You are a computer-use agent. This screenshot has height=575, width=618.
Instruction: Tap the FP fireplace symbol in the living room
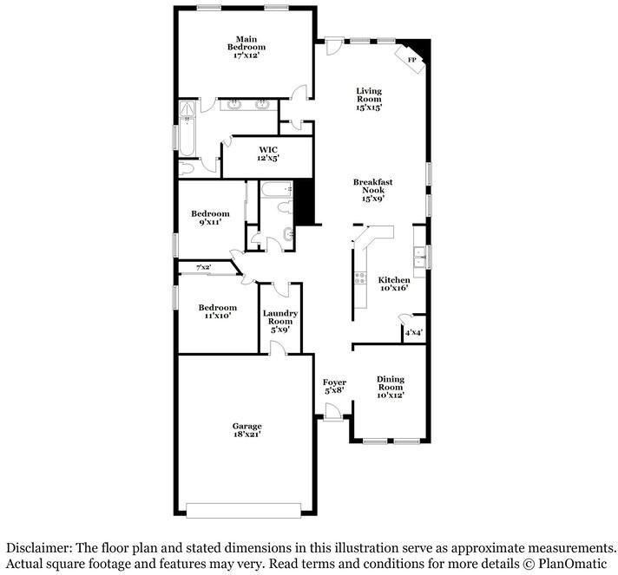(412, 58)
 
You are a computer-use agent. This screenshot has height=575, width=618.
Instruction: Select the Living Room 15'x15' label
(370, 99)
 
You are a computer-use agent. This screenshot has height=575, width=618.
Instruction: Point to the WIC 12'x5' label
(267, 154)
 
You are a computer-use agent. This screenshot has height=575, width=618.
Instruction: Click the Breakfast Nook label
(373, 189)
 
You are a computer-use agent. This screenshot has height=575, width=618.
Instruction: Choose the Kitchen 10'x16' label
(393, 284)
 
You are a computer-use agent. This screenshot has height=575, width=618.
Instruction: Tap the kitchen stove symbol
(359, 279)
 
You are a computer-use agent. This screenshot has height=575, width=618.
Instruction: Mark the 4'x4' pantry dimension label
(414, 331)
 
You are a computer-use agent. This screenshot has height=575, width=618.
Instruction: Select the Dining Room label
(391, 386)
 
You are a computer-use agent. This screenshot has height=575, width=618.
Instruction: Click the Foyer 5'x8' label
(334, 386)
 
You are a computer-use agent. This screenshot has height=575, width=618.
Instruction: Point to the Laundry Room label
(280, 321)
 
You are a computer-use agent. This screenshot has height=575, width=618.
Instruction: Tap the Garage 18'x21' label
(247, 431)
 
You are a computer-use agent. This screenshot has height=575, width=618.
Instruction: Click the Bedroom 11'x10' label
(217, 312)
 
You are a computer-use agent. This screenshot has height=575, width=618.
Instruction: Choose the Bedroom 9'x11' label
(210, 218)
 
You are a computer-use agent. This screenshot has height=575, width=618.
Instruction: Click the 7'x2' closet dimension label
(204, 267)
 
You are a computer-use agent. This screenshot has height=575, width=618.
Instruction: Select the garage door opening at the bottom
(247, 509)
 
